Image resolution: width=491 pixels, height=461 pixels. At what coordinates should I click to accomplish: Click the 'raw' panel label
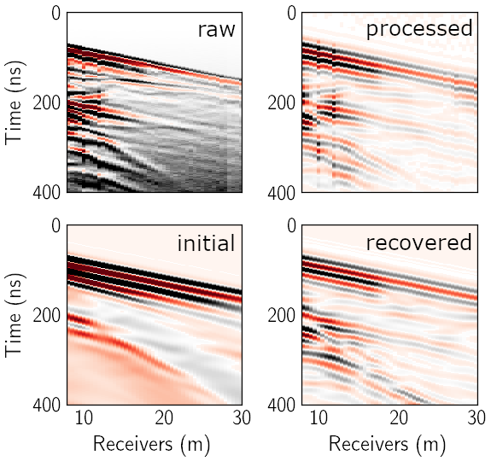click(x=216, y=30)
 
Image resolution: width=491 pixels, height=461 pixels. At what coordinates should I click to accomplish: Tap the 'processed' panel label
click(x=419, y=28)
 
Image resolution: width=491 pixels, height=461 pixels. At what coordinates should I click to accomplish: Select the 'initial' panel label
click(x=206, y=242)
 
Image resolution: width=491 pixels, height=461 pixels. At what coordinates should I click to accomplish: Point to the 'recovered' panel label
click(x=419, y=242)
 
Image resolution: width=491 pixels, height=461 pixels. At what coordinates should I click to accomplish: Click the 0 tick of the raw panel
click(x=56, y=14)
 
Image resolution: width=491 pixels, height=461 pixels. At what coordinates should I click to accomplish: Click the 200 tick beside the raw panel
click(x=47, y=102)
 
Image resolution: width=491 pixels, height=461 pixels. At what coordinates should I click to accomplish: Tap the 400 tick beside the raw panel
click(x=47, y=191)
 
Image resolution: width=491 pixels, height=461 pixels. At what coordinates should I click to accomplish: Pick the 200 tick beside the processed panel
click(x=282, y=102)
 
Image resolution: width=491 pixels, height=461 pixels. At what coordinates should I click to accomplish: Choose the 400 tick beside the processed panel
click(x=282, y=192)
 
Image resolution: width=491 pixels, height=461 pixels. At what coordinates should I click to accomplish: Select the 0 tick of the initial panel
click(x=56, y=225)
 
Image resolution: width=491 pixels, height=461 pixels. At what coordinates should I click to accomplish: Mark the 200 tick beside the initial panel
click(x=47, y=315)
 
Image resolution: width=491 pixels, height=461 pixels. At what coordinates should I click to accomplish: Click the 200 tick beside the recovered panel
click(x=282, y=315)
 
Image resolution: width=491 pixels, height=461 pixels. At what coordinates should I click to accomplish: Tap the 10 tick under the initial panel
click(x=84, y=417)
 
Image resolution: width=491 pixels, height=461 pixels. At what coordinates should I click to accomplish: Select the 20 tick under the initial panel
click(x=164, y=417)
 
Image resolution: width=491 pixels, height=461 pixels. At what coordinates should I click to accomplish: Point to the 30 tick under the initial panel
click(x=242, y=417)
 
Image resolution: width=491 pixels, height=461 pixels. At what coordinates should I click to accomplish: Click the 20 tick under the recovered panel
click(x=399, y=417)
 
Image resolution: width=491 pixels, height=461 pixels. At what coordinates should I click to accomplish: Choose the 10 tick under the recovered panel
click(x=319, y=417)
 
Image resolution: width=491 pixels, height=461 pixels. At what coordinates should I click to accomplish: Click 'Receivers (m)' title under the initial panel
click(x=151, y=445)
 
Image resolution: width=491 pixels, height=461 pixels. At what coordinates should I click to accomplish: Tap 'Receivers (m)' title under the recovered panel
click(x=387, y=445)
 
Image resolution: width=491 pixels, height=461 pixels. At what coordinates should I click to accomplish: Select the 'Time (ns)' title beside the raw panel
click(x=14, y=102)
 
